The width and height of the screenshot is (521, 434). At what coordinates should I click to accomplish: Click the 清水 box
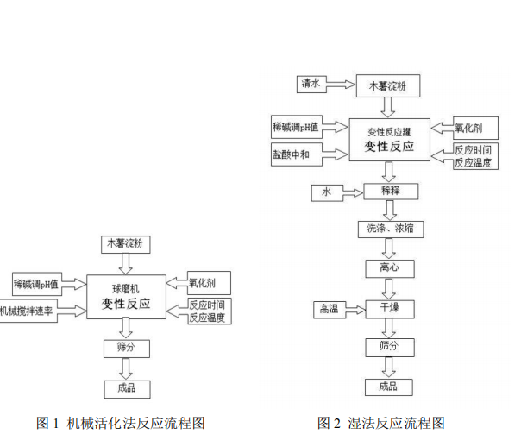point(311,85)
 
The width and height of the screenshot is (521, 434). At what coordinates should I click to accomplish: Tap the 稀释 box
point(391,190)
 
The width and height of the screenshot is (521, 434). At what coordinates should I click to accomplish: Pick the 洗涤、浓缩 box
point(391,230)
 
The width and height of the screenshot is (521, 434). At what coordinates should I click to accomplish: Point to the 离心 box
point(391,267)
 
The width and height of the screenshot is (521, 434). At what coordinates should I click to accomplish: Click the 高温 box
point(328,308)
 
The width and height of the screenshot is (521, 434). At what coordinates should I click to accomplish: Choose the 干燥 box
point(391,307)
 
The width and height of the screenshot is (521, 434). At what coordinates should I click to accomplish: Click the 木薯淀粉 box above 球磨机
point(126,244)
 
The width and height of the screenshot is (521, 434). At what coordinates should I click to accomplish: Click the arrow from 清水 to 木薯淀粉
point(341,85)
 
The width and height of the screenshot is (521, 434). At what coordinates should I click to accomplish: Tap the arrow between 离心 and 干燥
point(391,287)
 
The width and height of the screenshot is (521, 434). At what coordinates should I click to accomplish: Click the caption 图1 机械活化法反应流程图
point(121,423)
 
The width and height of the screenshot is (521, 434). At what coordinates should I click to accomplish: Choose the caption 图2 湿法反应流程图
point(381,423)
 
